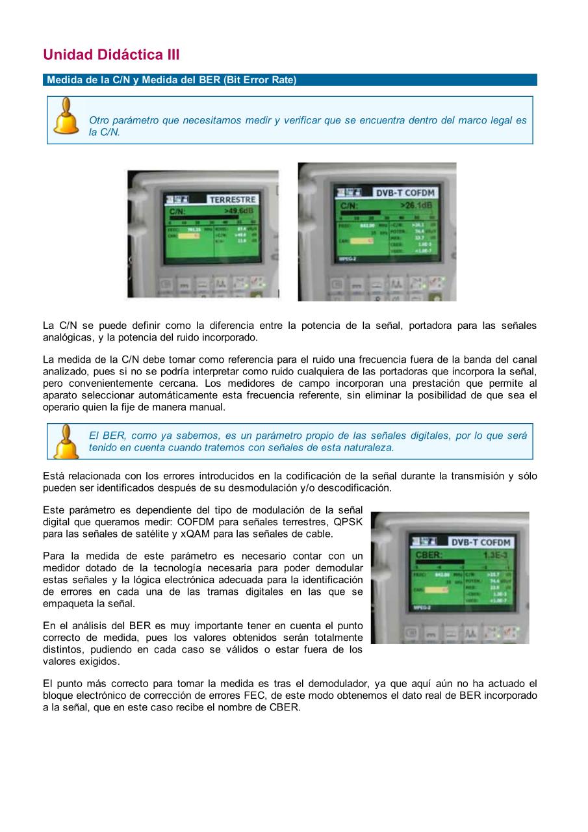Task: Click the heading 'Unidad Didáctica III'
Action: [x=111, y=55]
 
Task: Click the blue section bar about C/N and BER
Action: [x=290, y=80]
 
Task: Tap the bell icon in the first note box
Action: [x=66, y=116]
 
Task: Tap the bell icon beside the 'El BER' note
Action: [x=66, y=441]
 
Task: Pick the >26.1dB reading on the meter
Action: [x=417, y=205]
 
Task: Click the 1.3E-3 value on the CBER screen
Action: [x=496, y=554]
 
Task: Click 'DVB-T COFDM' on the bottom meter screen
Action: [x=481, y=542]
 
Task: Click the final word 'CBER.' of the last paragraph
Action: [x=285, y=708]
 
